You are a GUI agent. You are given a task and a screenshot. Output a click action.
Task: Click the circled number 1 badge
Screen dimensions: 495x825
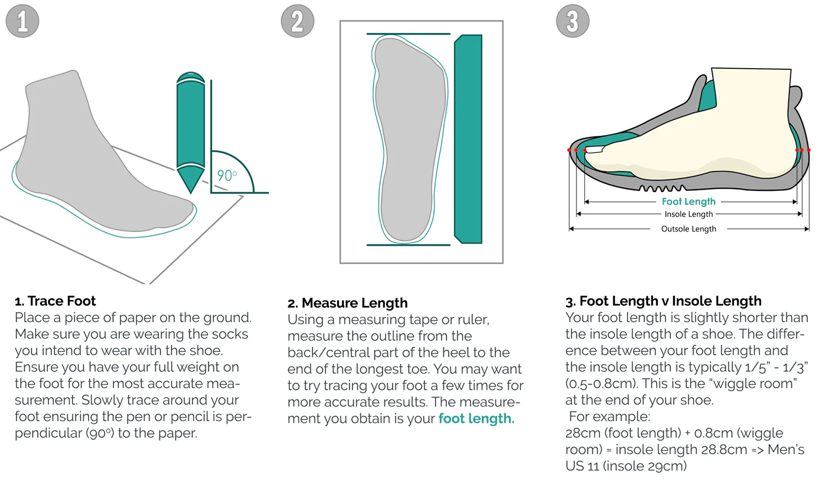23,21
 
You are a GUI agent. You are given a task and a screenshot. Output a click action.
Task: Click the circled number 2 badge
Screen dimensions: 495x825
298,21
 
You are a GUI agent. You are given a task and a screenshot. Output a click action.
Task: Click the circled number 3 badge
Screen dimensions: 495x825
573,21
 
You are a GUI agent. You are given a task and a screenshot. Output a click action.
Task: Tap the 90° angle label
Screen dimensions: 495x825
227,175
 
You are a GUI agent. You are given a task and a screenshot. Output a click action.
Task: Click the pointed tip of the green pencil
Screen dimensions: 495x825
191,190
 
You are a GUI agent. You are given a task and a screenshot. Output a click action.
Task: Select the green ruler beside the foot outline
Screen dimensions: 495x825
468,139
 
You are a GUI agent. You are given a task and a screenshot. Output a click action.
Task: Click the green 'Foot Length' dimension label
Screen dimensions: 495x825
689,202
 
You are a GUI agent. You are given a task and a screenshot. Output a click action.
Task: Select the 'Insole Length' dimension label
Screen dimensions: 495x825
689,215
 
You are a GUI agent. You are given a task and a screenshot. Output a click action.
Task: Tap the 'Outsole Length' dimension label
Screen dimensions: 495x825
689,229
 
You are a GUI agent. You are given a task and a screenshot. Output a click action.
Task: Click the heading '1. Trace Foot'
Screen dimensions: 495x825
55,301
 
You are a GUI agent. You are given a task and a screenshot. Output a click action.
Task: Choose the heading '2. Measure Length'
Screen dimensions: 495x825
348,303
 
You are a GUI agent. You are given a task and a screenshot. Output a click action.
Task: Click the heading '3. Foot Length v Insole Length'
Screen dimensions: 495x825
663,301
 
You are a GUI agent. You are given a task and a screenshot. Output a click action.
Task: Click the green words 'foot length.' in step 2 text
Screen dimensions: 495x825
476,419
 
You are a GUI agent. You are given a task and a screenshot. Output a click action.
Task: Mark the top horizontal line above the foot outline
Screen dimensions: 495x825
408,34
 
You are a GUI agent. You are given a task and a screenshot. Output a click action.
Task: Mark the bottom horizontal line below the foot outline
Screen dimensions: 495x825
408,245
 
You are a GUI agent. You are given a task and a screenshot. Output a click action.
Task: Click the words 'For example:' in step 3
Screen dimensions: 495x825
609,416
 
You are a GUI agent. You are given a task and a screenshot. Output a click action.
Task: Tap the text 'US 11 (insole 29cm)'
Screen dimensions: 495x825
626,466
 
